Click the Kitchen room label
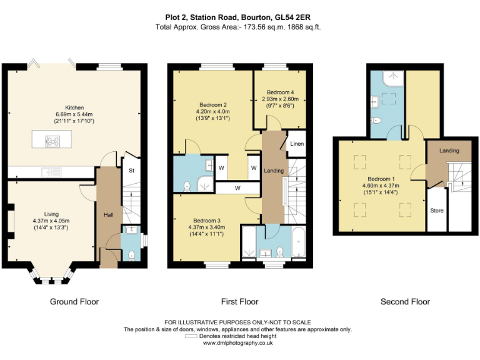pyautogui.click(x=74, y=107)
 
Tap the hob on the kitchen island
pyautogui.click(x=52, y=141)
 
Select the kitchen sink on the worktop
pyautogui.click(x=51, y=172)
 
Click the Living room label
pyautogui.click(x=51, y=214)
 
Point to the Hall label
pyautogui.click(x=108, y=215)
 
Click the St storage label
pyautogui.click(x=131, y=171)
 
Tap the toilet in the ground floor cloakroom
pyautogui.click(x=132, y=255)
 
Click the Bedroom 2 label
pyautogui.click(x=212, y=105)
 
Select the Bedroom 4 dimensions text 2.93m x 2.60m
pyautogui.click(x=280, y=99)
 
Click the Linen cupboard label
pyautogui.click(x=297, y=144)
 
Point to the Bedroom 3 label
pyautogui.click(x=207, y=221)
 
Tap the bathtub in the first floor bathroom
pyautogui.click(x=299, y=242)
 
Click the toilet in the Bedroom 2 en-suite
pyautogui.click(x=187, y=186)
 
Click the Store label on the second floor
pyautogui.click(x=436, y=211)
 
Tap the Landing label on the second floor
pyautogui.click(x=449, y=151)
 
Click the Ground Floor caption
pyautogui.click(x=74, y=302)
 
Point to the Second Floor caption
pyautogui.click(x=405, y=302)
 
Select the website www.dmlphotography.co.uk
pyautogui.click(x=238, y=343)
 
